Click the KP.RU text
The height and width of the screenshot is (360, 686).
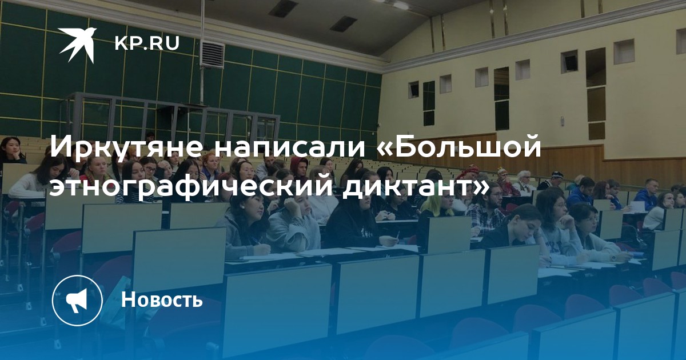click(x=147, y=44)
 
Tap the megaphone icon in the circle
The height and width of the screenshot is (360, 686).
click(x=77, y=300)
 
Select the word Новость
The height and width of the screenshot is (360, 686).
click(x=162, y=299)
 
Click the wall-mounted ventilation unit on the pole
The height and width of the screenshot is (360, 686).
click(x=212, y=55)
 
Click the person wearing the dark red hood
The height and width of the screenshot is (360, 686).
click(x=299, y=168)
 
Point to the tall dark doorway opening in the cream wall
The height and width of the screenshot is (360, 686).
click(x=501, y=98)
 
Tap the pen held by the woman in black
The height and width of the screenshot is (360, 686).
click(x=397, y=235)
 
